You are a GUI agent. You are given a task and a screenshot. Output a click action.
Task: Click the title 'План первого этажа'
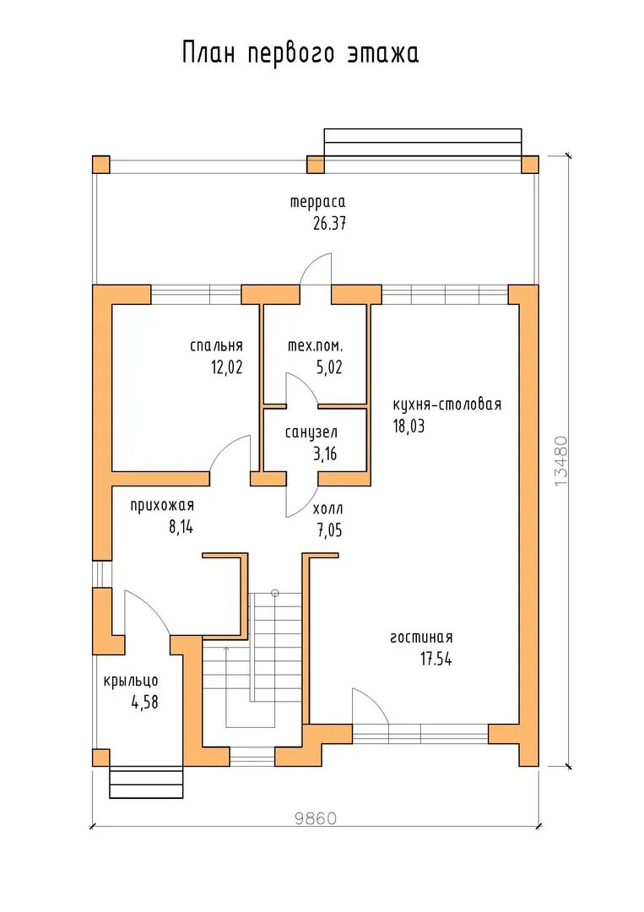coord(300,53)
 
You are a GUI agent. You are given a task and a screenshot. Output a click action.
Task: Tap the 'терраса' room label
coord(318,202)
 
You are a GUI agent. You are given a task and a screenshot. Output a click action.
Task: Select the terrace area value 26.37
coord(329,223)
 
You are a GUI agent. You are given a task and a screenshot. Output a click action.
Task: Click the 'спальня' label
coord(216,346)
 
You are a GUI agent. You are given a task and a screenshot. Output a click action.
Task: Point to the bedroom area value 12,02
coord(227,367)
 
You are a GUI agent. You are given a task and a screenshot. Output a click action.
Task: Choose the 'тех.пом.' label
coord(315,346)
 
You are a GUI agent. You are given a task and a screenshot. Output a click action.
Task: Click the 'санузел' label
coord(311,432)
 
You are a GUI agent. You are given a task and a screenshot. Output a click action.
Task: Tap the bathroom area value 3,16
coord(326,453)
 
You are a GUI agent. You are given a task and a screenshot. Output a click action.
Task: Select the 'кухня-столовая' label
coord(447,404)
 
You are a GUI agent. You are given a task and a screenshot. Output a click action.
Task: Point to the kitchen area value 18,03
coord(409,426)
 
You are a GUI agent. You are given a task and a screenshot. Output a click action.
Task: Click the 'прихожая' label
coord(161,506)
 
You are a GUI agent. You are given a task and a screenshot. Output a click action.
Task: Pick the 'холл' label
coord(327,509)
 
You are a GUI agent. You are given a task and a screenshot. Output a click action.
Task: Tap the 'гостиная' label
coord(421,638)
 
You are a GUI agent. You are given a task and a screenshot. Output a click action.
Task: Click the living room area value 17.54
coord(436,659)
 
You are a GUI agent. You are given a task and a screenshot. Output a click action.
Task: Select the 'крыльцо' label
coord(131,681)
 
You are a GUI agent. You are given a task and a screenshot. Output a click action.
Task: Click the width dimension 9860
coord(316,819)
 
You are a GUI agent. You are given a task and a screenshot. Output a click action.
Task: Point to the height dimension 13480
coord(561,461)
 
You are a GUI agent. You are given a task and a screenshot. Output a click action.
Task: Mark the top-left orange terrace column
coord(101,165)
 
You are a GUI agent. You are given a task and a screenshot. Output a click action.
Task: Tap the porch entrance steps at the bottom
coord(147,783)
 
